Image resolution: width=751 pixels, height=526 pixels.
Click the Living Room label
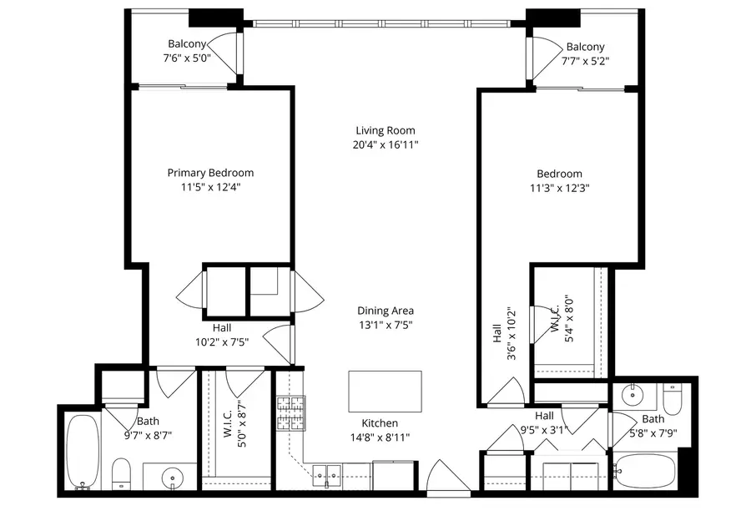pyautogui.click(x=385, y=130)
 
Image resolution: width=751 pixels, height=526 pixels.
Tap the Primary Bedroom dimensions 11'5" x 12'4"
pyautogui.click(x=210, y=187)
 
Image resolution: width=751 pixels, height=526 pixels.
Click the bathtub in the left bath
pyautogui.click(x=81, y=452)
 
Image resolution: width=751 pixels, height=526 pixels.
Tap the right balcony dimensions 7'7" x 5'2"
pyautogui.click(x=586, y=61)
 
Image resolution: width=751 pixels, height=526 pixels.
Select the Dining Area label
pyautogui.click(x=386, y=311)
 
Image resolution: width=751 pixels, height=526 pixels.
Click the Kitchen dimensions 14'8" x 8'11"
pyautogui.click(x=380, y=437)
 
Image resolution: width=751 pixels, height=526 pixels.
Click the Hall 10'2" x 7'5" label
pyautogui.click(x=222, y=335)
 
